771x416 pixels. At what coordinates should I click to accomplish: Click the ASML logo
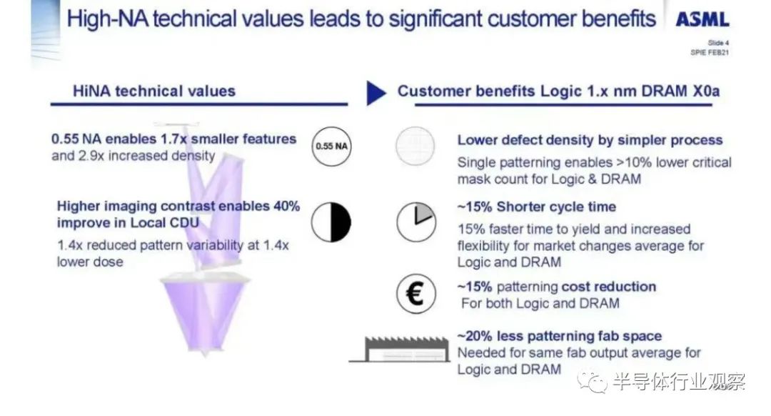point(702,20)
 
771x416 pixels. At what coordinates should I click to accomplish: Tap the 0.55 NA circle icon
point(331,147)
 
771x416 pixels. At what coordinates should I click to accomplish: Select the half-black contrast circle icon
point(331,222)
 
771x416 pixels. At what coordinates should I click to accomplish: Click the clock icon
point(416,222)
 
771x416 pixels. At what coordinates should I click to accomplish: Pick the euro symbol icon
point(416,294)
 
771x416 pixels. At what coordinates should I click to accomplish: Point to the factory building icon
point(399,349)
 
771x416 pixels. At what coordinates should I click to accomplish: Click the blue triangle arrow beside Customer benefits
point(376,92)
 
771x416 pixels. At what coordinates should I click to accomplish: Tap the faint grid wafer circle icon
point(415,147)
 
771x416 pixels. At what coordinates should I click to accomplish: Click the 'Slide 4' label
point(718,43)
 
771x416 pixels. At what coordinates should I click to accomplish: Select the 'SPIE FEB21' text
point(710,52)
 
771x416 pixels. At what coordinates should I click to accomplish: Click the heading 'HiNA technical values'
point(154,91)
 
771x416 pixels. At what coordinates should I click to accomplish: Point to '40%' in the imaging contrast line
point(287,206)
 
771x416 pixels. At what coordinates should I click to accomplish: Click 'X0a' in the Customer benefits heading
point(705,91)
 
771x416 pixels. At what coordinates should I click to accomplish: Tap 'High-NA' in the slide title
point(106,20)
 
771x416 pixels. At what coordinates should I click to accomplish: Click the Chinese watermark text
point(679,382)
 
